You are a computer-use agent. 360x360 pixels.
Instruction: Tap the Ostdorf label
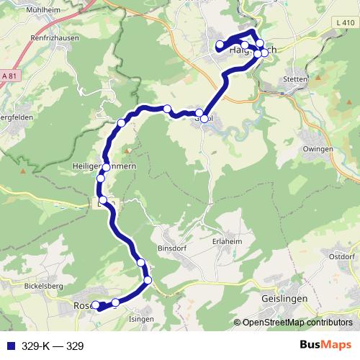(x=342, y=256)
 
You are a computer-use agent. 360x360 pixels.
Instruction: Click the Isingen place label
(x=140, y=318)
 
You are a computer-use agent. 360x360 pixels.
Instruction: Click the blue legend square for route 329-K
(x=8, y=346)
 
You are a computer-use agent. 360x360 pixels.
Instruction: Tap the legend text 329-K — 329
(x=53, y=346)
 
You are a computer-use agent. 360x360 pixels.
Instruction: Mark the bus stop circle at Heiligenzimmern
(x=107, y=167)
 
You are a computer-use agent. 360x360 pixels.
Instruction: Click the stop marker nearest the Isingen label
(x=115, y=302)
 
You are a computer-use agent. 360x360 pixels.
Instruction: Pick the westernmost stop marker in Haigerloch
(x=220, y=45)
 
